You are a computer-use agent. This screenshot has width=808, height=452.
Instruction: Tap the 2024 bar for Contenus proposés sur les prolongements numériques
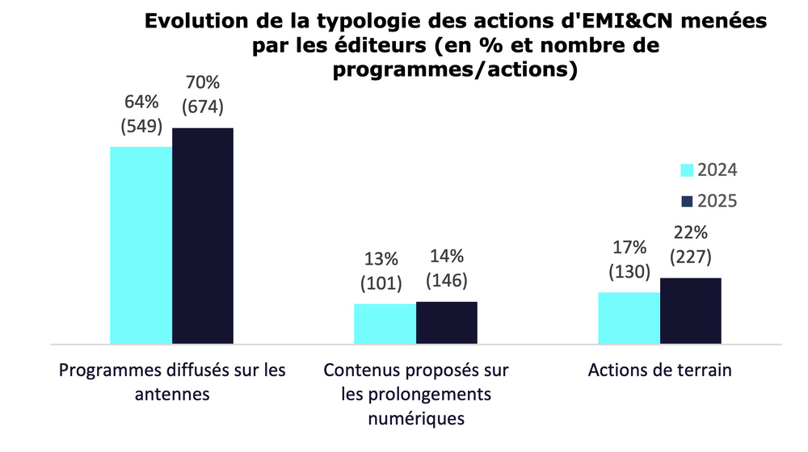coord(385,324)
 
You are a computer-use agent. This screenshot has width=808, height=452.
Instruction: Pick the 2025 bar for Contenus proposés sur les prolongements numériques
coord(447,322)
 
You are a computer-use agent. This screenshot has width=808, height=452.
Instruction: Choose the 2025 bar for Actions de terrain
coord(691,311)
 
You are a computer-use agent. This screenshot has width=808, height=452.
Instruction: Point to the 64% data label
coord(141,103)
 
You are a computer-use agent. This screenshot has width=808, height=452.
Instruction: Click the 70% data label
coord(203,83)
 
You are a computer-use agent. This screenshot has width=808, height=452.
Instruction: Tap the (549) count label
coord(141,126)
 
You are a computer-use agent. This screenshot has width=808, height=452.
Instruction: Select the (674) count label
coord(203,107)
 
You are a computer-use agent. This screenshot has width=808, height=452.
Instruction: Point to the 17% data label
coord(629,248)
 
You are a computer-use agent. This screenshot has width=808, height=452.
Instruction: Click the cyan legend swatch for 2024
coord(687,170)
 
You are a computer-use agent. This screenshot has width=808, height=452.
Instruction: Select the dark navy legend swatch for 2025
coord(687,201)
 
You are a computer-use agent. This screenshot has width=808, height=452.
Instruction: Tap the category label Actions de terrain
coord(660,371)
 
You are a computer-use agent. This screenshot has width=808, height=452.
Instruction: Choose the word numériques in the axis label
coord(416,420)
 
